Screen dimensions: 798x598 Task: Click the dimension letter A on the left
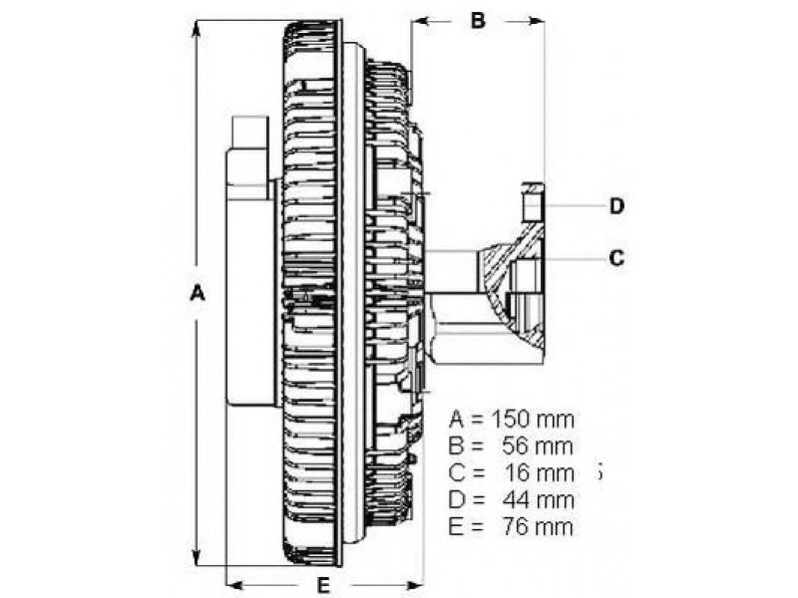click(x=197, y=294)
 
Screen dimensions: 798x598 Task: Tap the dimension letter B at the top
click(x=478, y=20)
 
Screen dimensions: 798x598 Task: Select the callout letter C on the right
click(x=616, y=258)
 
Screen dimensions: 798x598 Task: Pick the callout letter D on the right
click(x=616, y=206)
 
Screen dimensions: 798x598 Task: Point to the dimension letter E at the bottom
click(x=322, y=586)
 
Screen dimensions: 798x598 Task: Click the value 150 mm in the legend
click(x=533, y=420)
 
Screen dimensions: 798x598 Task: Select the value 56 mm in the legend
click(x=538, y=447)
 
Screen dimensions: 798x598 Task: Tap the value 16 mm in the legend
click(x=539, y=473)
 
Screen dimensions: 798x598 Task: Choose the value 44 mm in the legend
click(x=538, y=500)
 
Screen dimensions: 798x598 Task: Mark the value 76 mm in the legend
click(x=538, y=527)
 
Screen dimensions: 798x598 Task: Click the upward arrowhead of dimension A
click(x=196, y=30)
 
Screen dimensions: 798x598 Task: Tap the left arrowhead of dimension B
click(x=421, y=21)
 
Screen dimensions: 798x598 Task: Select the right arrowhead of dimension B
click(x=534, y=21)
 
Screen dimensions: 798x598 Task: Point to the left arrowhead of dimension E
click(x=235, y=583)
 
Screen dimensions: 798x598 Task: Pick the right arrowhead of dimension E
click(x=413, y=583)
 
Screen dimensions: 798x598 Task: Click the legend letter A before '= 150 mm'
click(x=457, y=420)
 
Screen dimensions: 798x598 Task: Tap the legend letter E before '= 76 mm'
click(x=456, y=527)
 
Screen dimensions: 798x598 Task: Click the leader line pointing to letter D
click(x=575, y=206)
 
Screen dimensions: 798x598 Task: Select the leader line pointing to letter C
click(x=575, y=259)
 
